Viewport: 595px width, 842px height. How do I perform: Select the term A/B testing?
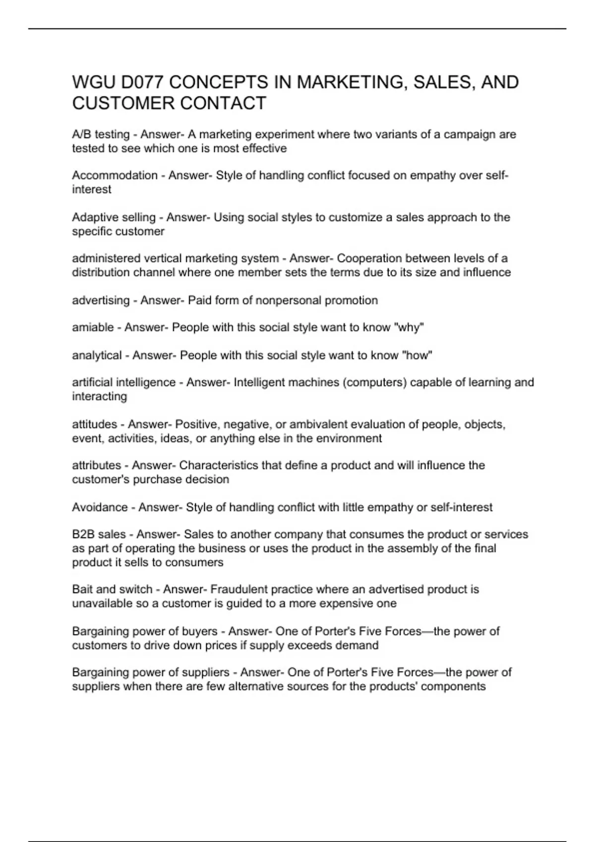point(101,134)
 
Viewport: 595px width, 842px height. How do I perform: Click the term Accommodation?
point(115,175)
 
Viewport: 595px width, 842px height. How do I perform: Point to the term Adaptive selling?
point(114,217)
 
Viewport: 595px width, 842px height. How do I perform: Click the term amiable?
point(93,327)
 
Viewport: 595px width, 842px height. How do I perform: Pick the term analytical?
point(97,355)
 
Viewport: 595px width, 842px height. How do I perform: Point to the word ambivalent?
point(318,424)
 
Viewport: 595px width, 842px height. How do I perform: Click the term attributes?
point(97,466)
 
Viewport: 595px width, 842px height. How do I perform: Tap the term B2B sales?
point(99,534)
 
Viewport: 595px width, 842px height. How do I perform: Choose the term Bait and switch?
point(112,589)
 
